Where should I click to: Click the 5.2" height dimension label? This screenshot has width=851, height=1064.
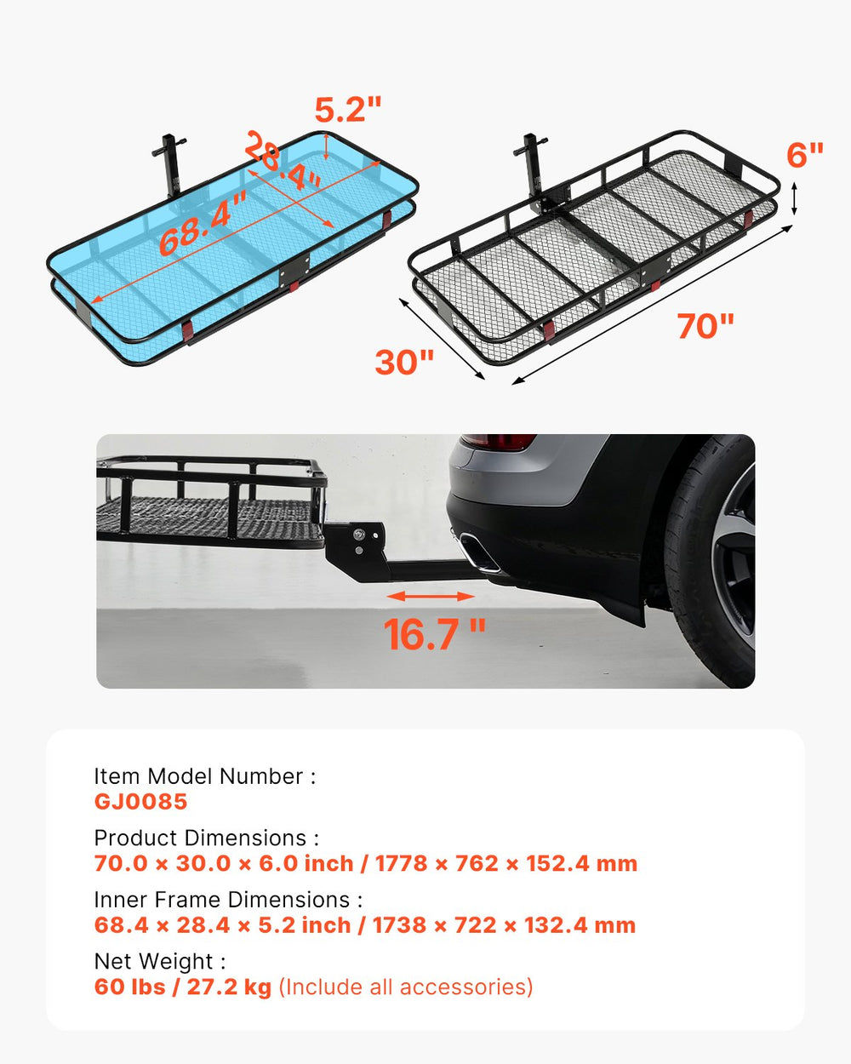(348, 110)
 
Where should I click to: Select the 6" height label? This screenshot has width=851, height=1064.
(804, 155)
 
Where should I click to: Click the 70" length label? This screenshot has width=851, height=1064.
(705, 326)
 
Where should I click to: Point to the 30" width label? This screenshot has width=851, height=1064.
(404, 362)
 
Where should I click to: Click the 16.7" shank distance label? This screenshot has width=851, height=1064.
(434, 634)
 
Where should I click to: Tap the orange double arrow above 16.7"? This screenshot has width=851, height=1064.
(431, 597)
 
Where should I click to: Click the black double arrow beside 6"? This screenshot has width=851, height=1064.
(794, 197)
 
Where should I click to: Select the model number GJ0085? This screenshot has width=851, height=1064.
(140, 802)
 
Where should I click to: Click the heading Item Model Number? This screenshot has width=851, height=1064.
(204, 776)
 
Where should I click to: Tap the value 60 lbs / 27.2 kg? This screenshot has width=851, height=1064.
(182, 987)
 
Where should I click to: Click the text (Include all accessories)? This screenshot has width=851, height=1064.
(406, 987)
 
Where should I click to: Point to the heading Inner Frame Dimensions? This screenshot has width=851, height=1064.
(228, 900)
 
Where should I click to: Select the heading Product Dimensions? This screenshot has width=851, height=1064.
(206, 838)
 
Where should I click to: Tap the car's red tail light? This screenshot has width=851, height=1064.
(500, 442)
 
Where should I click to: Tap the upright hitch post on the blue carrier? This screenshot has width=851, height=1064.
(167, 166)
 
